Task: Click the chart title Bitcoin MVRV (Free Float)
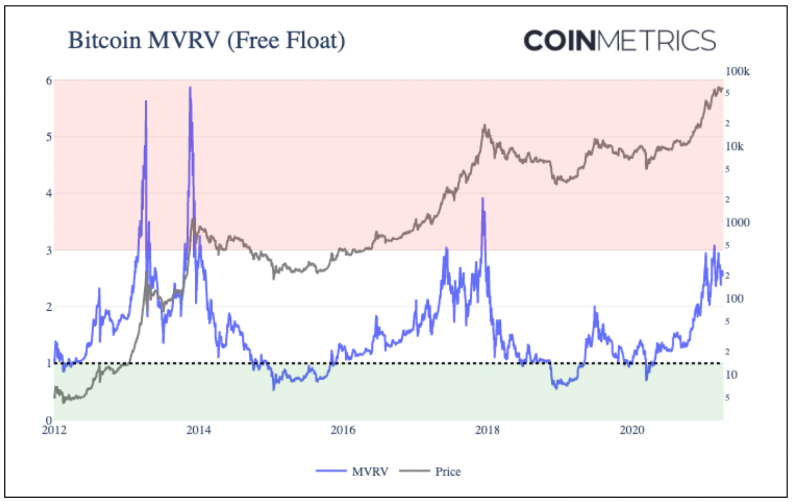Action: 207,41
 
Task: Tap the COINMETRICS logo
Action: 619,41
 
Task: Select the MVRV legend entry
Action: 370,472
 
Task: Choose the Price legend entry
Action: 448,472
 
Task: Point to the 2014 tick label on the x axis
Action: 199,430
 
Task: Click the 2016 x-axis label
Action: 343,430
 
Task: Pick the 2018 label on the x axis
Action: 487,430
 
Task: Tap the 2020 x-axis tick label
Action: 632,430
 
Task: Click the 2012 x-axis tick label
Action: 54,430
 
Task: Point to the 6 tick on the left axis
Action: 49,81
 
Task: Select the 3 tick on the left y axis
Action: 49,250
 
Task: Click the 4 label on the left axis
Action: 49,193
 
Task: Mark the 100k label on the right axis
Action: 737,72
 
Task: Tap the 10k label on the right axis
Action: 734,147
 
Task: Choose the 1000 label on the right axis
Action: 737,222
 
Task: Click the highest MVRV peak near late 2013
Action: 190,88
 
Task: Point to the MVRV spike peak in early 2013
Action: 146,102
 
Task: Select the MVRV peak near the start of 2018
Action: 483,199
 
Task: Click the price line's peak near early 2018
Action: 485,125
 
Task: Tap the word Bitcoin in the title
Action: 104,41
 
